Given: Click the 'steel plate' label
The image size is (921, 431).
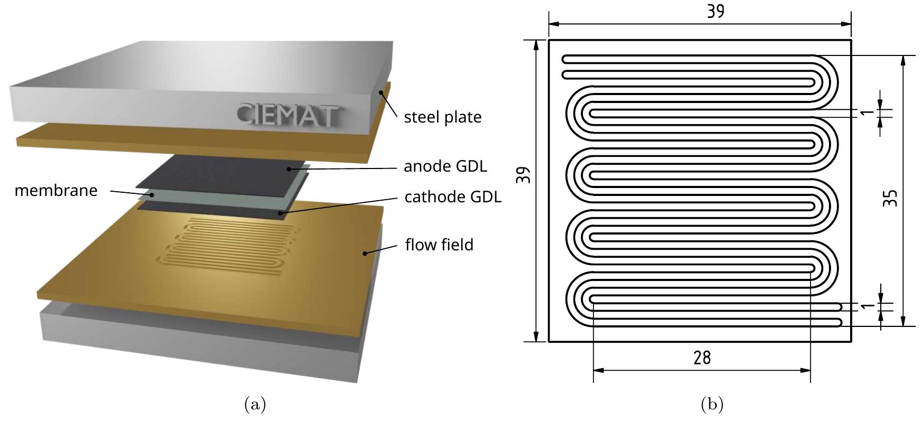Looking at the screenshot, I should pos(442,117).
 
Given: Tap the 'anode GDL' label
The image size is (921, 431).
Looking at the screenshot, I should pos(445,166).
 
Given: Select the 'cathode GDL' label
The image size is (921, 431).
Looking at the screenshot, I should pos(452,197).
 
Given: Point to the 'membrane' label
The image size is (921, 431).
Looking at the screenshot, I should pos(56,191).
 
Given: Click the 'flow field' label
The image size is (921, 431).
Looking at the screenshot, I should pos(439,245).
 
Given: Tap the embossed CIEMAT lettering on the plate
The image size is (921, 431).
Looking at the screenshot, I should pos(286,114).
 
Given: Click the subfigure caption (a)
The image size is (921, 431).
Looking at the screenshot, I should pos(255,405).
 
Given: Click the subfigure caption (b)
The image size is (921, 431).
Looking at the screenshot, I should pos(712,405).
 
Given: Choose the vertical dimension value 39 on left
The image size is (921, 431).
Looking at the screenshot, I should pos(523,175).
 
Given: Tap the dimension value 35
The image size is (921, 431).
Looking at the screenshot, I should pos(891,198).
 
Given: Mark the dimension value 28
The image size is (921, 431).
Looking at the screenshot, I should pos(702,358).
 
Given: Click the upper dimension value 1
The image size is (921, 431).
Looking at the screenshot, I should pos(868,113).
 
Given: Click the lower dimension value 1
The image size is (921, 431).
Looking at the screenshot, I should pos(868,306).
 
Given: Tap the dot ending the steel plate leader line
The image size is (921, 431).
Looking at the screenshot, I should pos(380,92).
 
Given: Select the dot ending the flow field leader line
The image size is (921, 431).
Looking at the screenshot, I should pos(364,254).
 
